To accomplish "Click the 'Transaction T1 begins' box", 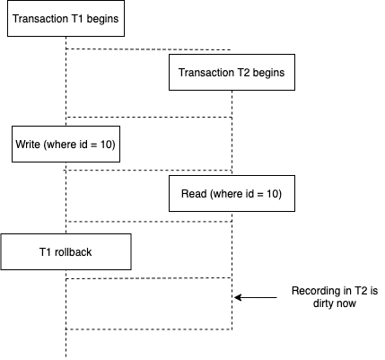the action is point(66,19).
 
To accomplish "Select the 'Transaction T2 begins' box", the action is point(232,73).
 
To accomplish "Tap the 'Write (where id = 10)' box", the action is point(66,145).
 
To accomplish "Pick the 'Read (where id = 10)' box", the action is point(232,194).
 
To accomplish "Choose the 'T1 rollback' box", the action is point(66,252).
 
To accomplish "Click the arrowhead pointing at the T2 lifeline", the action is point(238,297).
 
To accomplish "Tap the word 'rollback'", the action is point(74,252).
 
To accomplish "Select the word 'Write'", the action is point(28,145).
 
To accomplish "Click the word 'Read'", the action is point(194,194).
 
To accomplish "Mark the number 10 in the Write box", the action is point(106,145).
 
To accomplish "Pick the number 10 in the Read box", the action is point(272,194).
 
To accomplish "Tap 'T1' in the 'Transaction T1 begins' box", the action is point(77,19).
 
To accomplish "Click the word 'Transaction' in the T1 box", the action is point(40,19).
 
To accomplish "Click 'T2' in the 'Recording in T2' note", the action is point(361,291).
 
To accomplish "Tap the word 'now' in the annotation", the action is point(346,304).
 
